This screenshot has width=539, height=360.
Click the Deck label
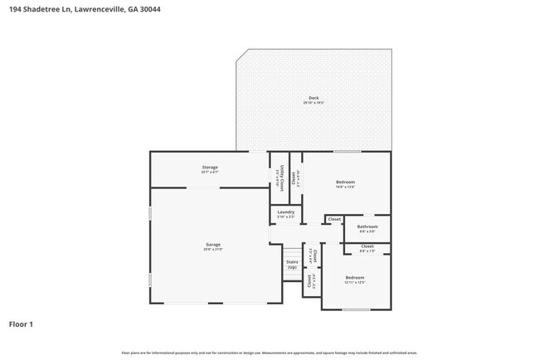(x=313, y=98)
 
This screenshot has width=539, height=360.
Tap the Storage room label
(x=209, y=168)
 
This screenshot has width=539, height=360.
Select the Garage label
(x=213, y=244)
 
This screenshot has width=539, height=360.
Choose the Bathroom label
(x=367, y=226)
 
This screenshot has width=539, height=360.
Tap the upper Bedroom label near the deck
(x=345, y=182)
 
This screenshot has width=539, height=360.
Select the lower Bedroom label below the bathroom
(x=354, y=277)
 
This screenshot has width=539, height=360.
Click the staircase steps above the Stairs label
(x=292, y=252)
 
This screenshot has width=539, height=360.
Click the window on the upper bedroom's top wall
(x=347, y=152)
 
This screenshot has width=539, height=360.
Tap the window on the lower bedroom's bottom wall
(x=356, y=309)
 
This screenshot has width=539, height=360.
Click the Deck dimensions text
(x=313, y=103)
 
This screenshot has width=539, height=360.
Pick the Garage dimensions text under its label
(x=213, y=249)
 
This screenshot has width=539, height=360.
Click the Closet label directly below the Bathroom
(x=367, y=246)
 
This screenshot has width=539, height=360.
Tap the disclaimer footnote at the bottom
(x=269, y=353)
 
